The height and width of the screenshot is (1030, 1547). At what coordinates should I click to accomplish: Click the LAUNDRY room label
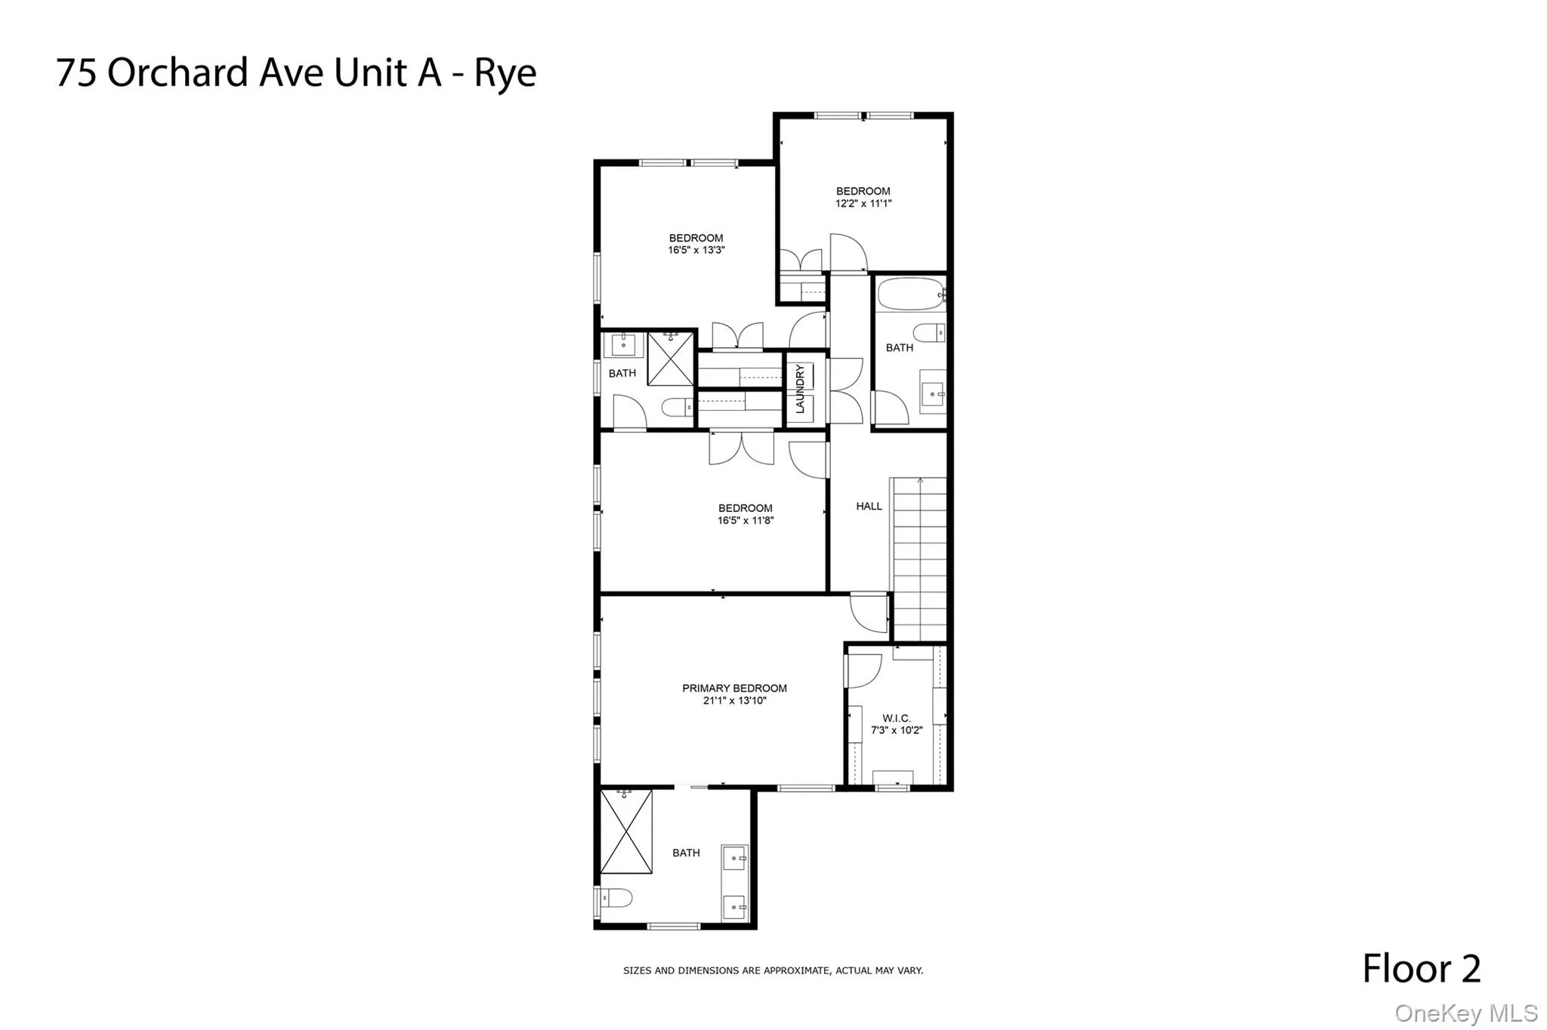(800, 389)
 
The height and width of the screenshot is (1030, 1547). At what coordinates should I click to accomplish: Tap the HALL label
(869, 506)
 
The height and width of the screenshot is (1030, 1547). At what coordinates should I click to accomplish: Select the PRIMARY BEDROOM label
(734, 688)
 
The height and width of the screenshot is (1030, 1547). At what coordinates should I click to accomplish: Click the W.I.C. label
(897, 718)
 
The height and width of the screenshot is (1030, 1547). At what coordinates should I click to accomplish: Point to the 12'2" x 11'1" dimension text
(863, 203)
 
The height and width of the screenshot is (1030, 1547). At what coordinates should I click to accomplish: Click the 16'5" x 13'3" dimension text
(696, 250)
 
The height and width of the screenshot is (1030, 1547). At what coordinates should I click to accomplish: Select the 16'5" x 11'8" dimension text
(746, 520)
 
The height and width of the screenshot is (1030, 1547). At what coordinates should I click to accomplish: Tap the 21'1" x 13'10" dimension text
(734, 701)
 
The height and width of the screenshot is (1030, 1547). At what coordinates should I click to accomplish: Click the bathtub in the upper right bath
(910, 294)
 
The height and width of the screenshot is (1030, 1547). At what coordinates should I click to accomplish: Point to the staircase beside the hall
(919, 559)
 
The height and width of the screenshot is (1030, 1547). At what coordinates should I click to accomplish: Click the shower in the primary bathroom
(626, 831)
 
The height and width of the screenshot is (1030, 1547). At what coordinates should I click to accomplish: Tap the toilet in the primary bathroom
(616, 898)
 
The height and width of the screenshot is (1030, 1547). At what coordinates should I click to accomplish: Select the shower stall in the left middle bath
(671, 358)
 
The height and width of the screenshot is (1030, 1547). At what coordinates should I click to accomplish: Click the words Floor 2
(1421, 968)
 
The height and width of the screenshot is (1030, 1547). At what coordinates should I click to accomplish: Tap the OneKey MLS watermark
(1465, 1013)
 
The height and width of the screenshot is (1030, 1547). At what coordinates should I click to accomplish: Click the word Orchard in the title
(178, 73)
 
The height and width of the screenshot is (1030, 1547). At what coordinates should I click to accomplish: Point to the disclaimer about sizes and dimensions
(773, 970)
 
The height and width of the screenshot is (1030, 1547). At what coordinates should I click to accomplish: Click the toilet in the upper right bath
(928, 332)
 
